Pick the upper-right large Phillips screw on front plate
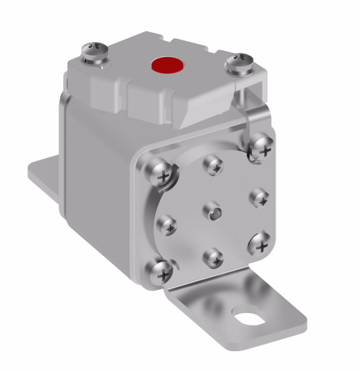(262, 145)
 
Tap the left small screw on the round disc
(167, 225)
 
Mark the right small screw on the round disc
(258, 196)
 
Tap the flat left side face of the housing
(95, 183)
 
